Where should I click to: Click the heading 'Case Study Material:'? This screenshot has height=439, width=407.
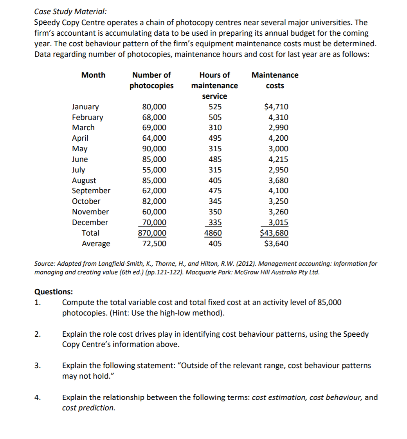tap(62, 12)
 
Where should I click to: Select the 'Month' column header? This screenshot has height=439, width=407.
tap(93, 75)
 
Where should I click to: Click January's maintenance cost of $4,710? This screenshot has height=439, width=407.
tap(277, 107)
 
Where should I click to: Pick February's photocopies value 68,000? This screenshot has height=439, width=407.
tap(154, 117)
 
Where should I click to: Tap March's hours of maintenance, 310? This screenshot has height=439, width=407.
tap(215, 127)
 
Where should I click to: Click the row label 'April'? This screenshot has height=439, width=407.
tap(80, 138)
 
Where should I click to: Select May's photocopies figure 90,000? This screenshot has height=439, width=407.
tap(154, 149)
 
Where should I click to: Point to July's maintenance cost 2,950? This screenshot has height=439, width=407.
tap(279, 170)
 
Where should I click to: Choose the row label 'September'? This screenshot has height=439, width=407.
tap(91, 191)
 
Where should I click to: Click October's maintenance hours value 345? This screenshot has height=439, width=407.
tap(215, 201)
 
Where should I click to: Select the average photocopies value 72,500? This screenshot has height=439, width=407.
tap(154, 244)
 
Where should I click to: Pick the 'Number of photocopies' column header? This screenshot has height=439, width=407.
tap(151, 80)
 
